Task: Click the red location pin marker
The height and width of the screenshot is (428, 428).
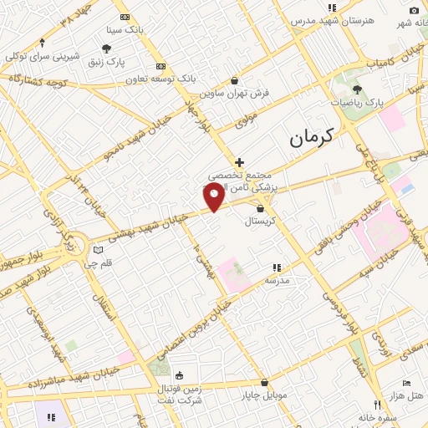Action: (x=214, y=196)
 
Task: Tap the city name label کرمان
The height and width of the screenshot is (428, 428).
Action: (x=311, y=138)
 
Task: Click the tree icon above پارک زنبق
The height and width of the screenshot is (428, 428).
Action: (x=106, y=49)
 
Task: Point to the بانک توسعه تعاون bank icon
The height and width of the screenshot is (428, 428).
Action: (x=161, y=66)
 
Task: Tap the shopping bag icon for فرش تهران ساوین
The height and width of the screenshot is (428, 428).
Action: (x=234, y=81)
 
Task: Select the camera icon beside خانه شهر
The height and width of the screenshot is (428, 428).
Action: (x=414, y=10)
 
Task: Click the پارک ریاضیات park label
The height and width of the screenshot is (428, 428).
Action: (x=357, y=102)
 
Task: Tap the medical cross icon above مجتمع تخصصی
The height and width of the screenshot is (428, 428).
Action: (x=239, y=162)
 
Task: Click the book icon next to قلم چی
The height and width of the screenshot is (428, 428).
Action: (x=99, y=250)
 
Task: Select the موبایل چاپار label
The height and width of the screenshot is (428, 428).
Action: (x=265, y=394)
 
